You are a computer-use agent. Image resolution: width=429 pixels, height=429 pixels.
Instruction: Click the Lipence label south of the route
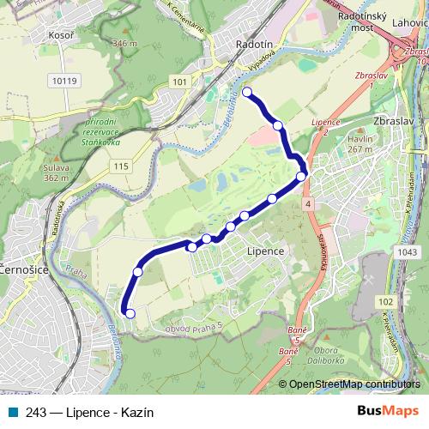(264, 251)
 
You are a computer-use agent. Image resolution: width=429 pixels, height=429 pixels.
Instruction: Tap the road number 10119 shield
(63, 82)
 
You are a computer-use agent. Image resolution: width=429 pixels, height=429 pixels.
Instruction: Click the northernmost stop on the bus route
(247, 92)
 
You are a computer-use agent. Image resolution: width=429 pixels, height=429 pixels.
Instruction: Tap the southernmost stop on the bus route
(130, 313)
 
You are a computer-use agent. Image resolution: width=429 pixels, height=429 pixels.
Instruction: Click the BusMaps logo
(388, 411)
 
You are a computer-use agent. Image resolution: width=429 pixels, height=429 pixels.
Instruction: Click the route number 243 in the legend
(36, 411)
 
